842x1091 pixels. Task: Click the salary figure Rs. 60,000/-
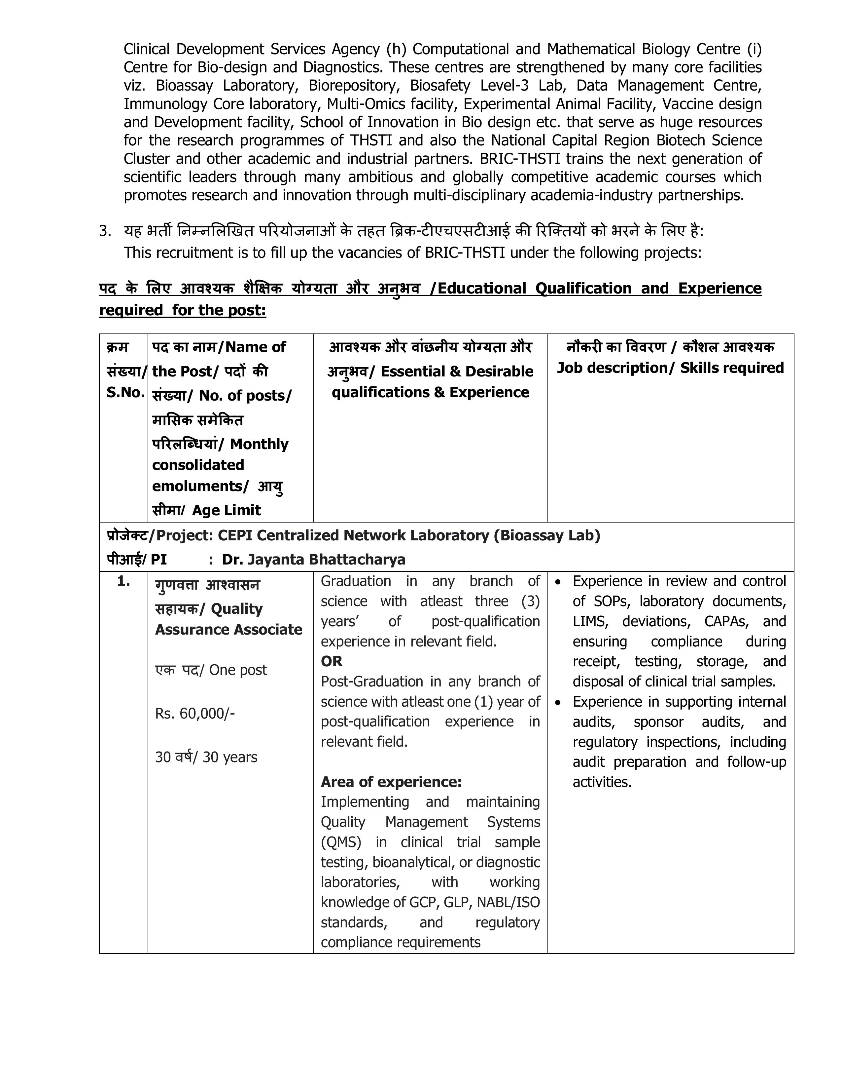pyautogui.click(x=195, y=713)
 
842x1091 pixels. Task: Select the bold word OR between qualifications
pyautogui.click(x=332, y=661)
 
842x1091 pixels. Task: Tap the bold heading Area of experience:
pyautogui.click(x=391, y=782)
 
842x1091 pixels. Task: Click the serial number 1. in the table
pyautogui.click(x=123, y=581)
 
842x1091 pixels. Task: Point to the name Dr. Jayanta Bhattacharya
pyautogui.click(x=313, y=560)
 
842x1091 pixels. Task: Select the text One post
pyautogui.click(x=238, y=670)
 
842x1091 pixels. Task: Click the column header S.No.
pyautogui.click(x=125, y=393)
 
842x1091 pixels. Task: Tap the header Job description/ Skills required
pyautogui.click(x=670, y=368)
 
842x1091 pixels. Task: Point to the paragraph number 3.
pyautogui.click(x=105, y=231)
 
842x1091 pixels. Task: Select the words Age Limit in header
pyautogui.click(x=226, y=511)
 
